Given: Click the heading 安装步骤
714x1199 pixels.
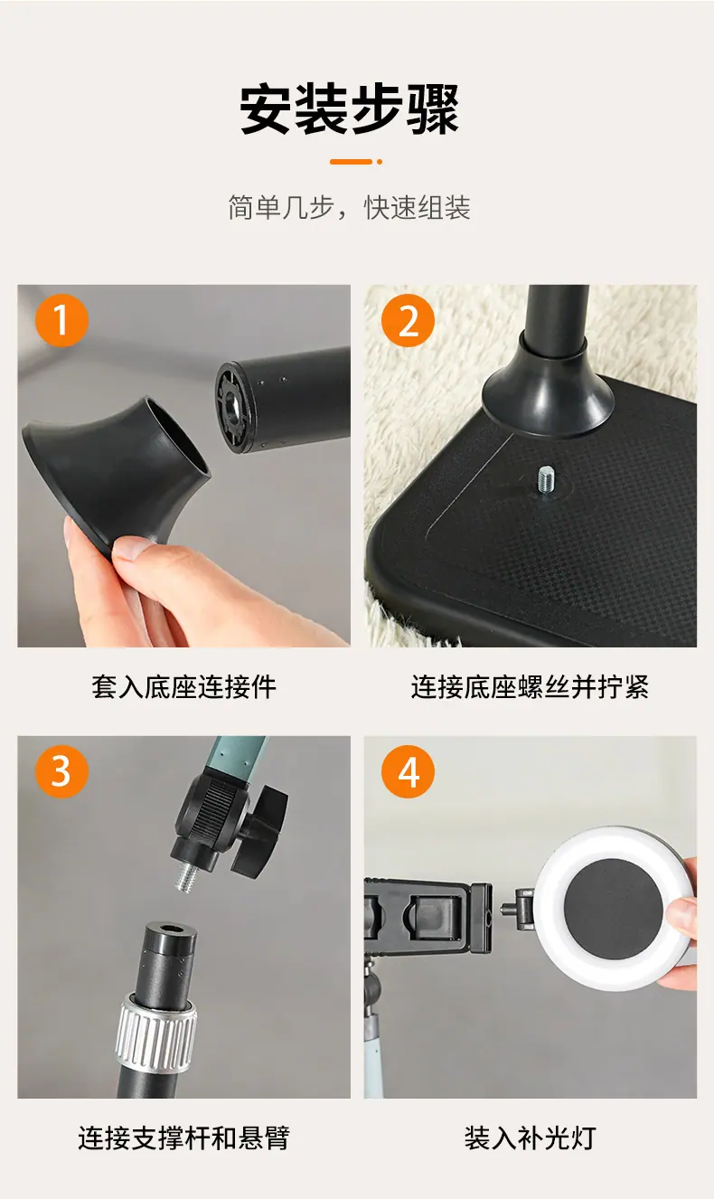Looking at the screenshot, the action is [x=349, y=109].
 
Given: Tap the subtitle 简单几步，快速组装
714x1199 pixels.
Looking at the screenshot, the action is [x=349, y=208].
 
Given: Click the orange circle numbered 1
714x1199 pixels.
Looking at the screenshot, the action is [x=61, y=320].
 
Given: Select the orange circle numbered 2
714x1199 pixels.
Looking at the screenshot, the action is [x=409, y=320].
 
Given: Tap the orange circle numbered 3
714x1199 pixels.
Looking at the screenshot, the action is [x=61, y=771].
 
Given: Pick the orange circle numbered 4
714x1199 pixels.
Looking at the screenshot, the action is [x=409, y=771].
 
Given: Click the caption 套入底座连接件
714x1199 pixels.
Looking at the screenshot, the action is [x=184, y=686].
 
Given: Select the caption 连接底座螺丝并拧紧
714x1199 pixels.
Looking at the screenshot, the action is [x=530, y=686].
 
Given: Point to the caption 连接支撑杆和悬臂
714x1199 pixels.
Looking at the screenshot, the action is [x=184, y=1138].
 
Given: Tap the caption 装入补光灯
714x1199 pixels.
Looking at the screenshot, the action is [x=530, y=1138].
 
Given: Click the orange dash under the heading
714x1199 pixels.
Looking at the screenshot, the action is [x=351, y=162].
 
